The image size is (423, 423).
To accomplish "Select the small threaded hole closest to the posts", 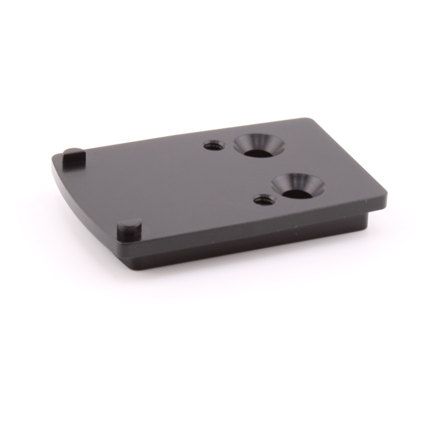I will point(214,145).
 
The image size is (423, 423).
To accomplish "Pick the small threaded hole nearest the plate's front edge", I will point(264,199).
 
